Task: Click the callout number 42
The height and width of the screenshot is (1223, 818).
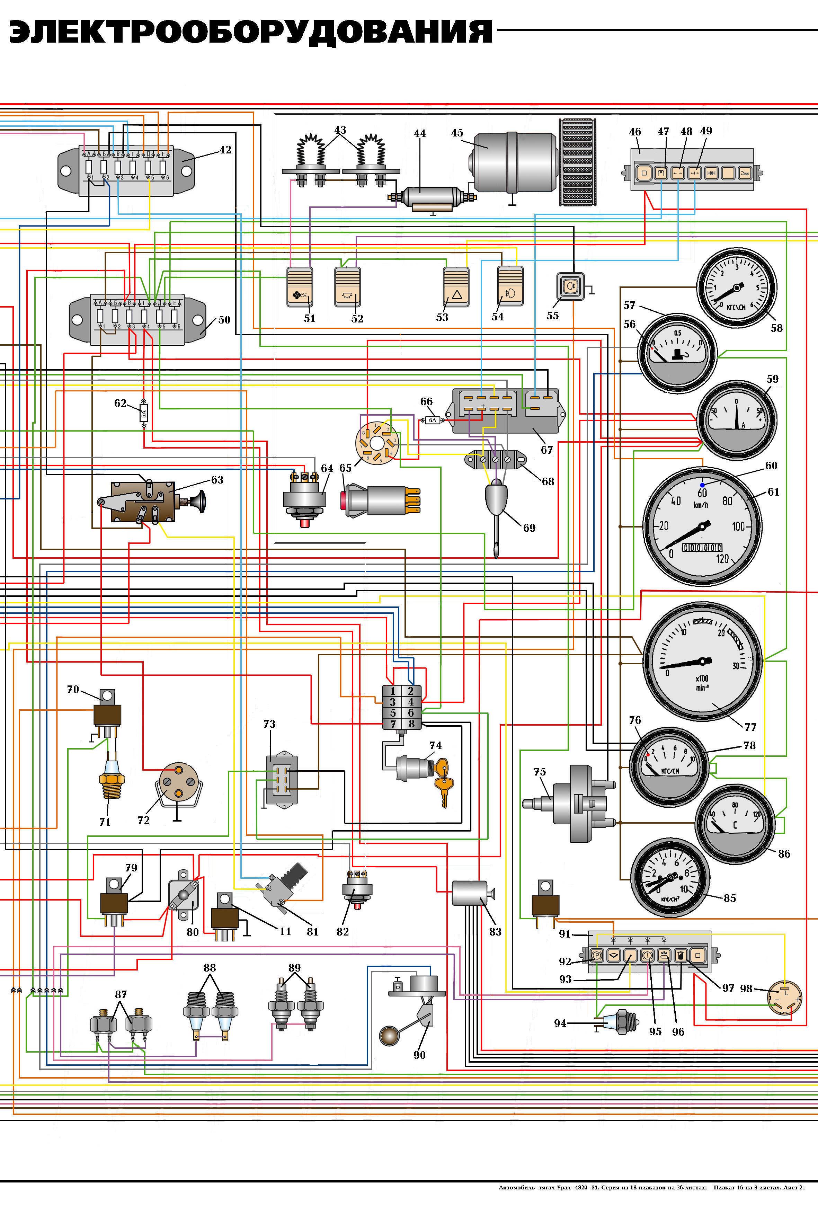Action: pyautogui.click(x=225, y=150)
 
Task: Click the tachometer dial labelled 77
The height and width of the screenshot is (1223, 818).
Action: pyautogui.click(x=703, y=661)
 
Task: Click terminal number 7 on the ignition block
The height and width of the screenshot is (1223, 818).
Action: pyautogui.click(x=393, y=724)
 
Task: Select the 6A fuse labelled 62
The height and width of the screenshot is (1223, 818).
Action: pyautogui.click(x=143, y=414)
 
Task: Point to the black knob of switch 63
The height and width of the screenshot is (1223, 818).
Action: pyautogui.click(x=200, y=503)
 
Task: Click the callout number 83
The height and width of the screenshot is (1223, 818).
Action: pyautogui.click(x=495, y=931)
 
